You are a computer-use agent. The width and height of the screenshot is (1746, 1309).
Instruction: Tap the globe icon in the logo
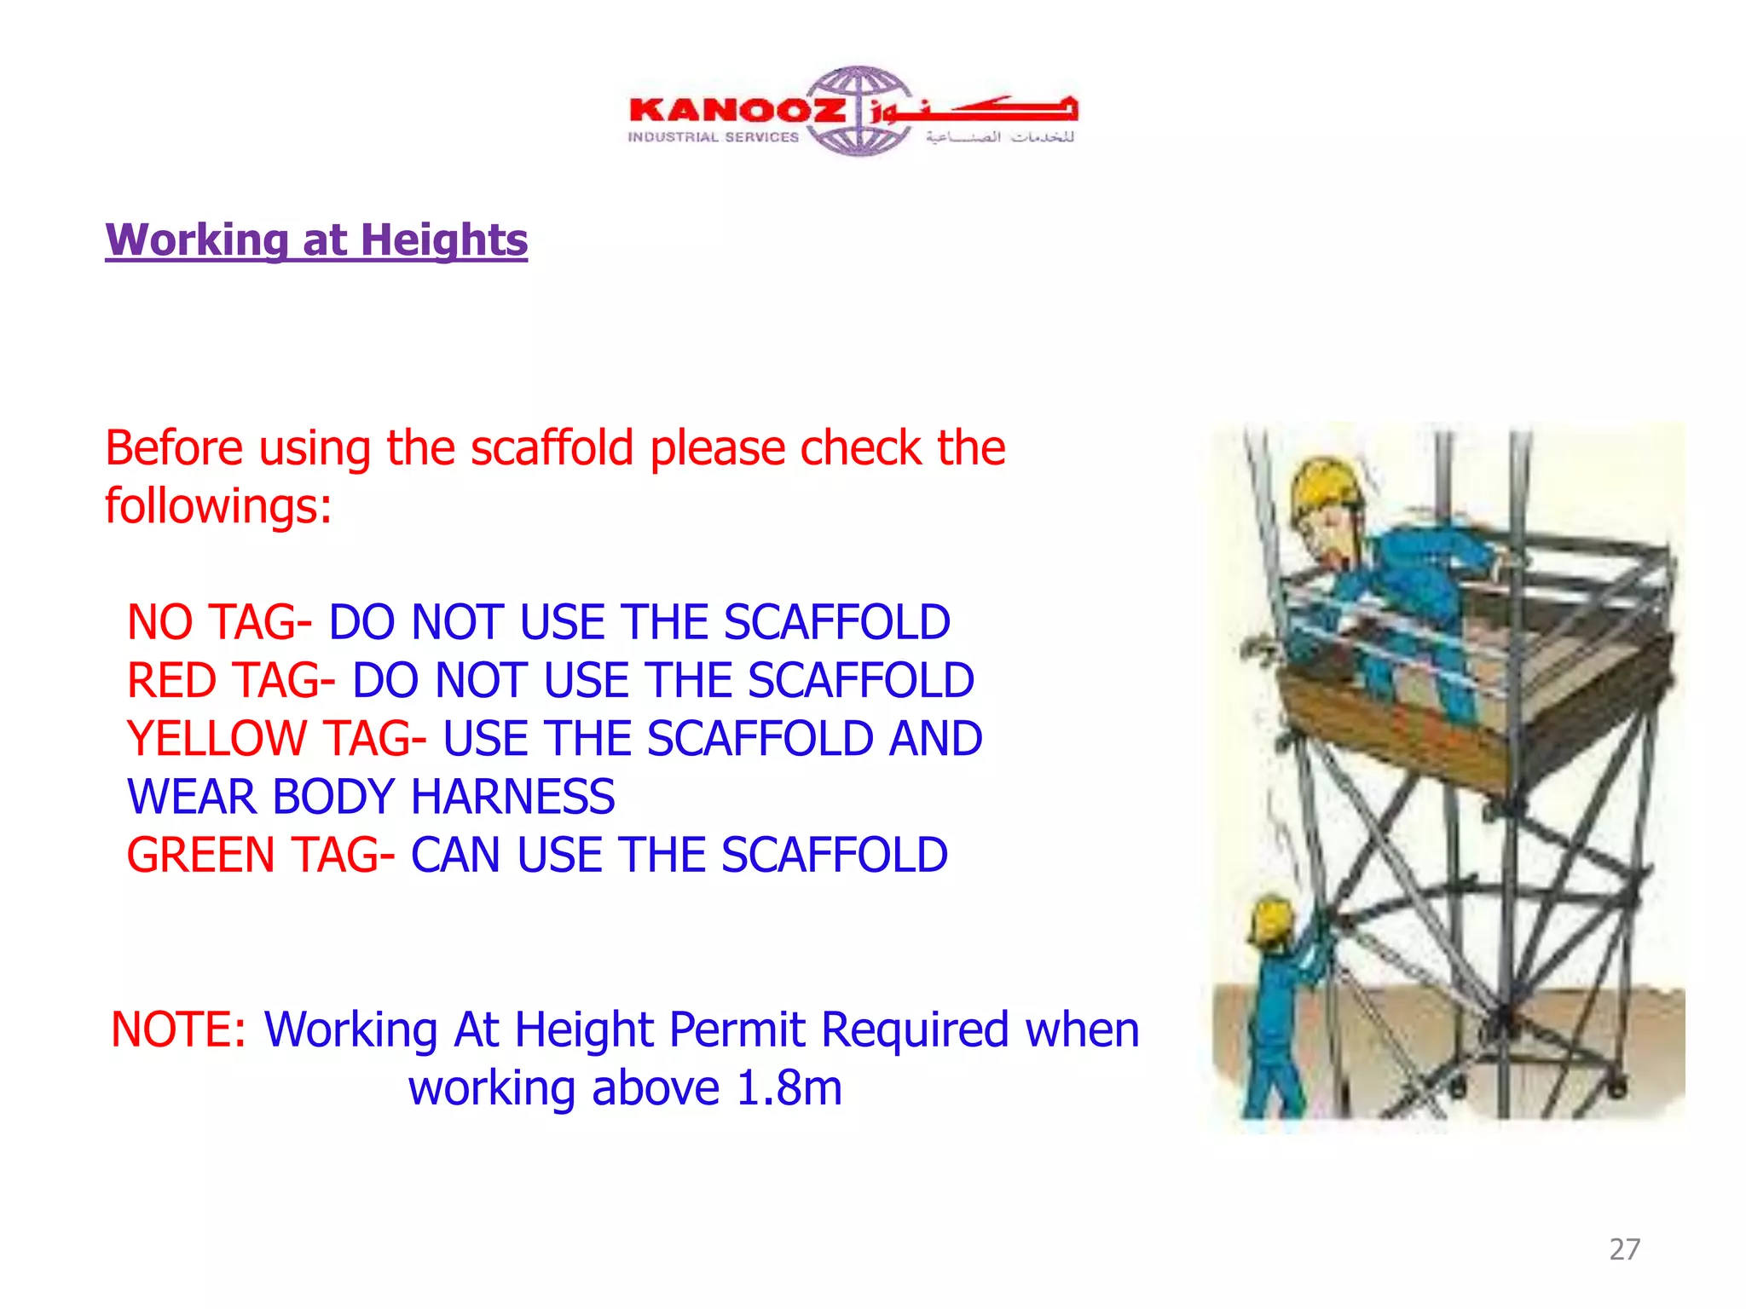[859, 111]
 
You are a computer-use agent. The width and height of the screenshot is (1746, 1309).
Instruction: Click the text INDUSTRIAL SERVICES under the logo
[714, 137]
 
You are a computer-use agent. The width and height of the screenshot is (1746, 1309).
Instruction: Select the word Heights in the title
[444, 239]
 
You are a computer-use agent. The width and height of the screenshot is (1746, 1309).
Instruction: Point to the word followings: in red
[218, 506]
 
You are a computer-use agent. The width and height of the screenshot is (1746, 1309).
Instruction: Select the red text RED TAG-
[230, 680]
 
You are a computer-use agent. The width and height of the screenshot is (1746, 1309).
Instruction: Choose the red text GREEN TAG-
[261, 855]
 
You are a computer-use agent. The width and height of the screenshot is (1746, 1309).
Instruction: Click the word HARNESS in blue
[512, 797]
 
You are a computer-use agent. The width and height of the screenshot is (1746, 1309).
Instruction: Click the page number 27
[1624, 1249]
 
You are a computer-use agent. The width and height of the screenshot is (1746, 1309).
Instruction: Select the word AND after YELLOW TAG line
[935, 738]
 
